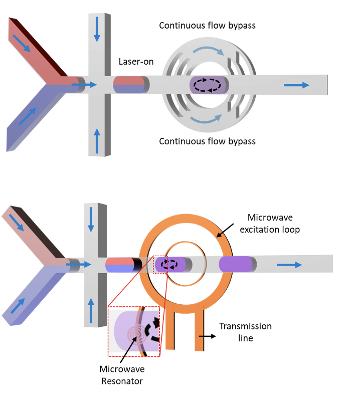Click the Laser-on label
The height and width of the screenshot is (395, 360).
coord(136,62)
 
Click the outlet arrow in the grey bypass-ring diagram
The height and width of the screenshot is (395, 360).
coord(297,85)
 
